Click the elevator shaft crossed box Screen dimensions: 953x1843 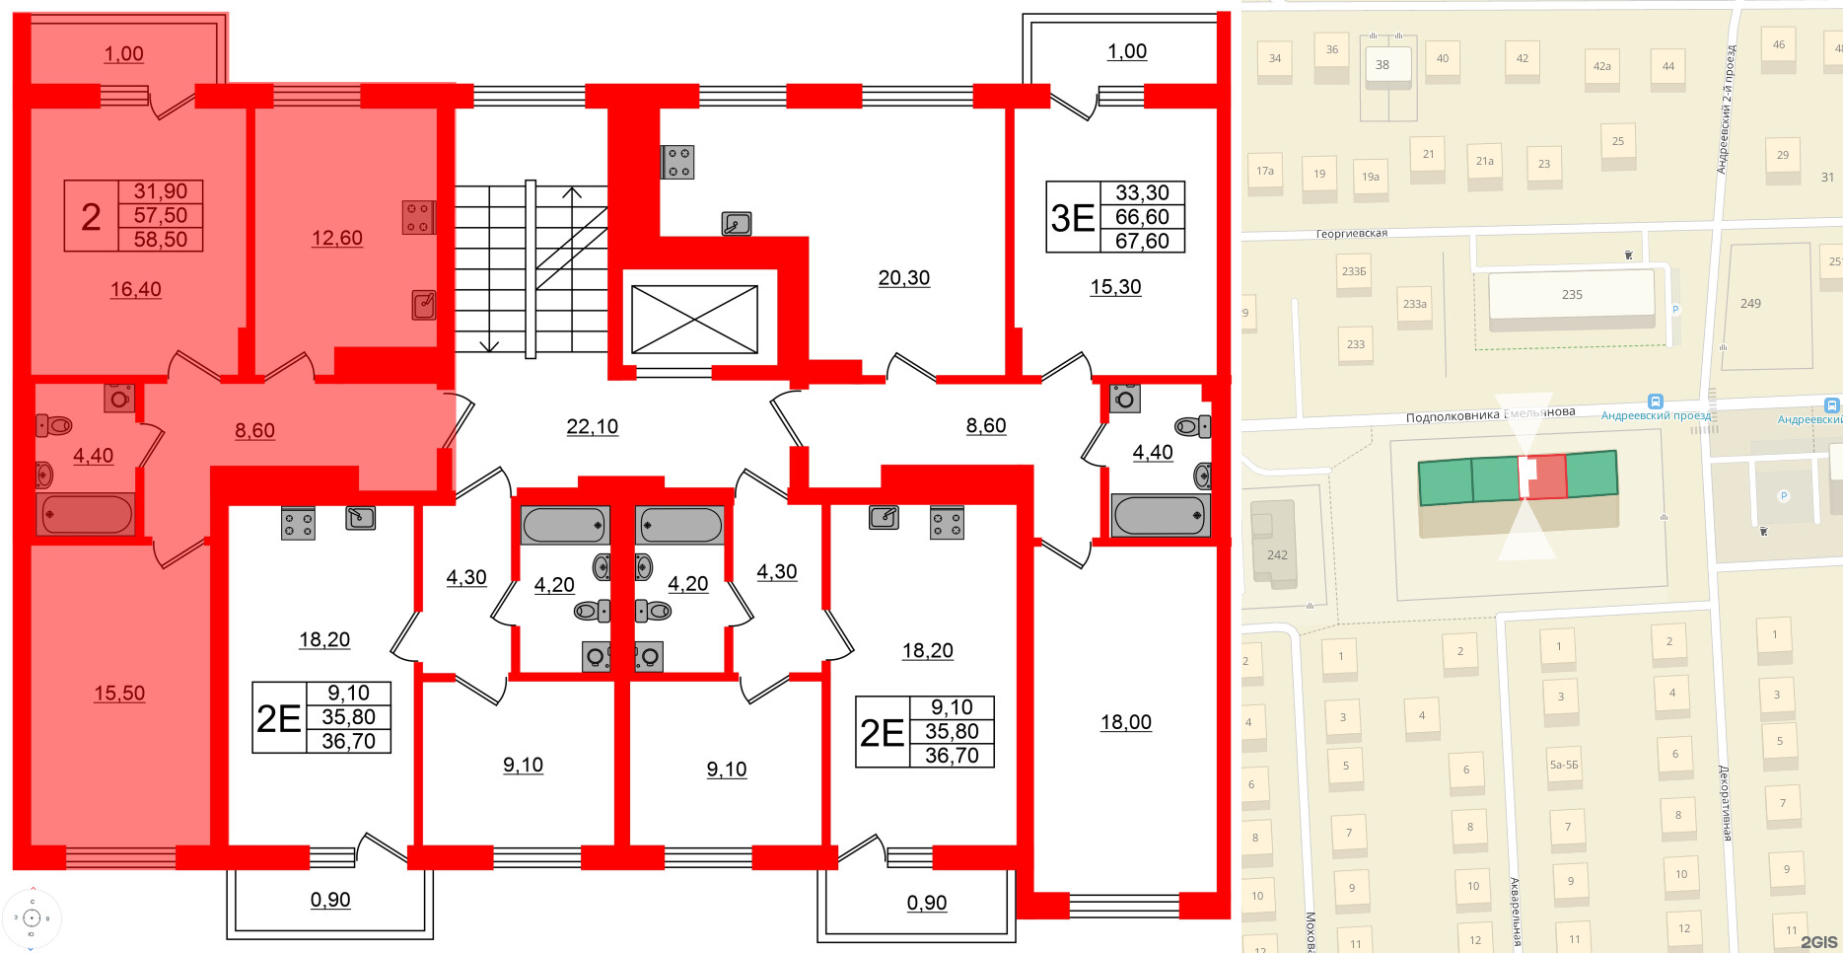pos(694,319)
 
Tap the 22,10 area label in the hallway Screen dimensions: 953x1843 pos(592,426)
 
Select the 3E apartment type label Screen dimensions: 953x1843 pos(1072,217)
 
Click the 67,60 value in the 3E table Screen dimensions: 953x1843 pos(1142,241)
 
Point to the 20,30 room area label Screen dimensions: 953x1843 pos(903,278)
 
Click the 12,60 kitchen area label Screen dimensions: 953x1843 pos(336,238)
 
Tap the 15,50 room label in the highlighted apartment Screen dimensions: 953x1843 pos(119,694)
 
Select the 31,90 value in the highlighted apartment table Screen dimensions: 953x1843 pos(160,191)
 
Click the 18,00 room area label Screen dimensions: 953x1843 pos(1125,722)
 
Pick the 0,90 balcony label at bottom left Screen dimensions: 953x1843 pos(330,900)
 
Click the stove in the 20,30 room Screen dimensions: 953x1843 pos(678,162)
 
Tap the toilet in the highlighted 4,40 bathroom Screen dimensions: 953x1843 pos(55,426)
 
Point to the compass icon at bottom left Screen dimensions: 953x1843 pos(32,918)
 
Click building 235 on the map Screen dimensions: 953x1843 pos(1571,295)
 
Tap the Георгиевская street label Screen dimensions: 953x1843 pos(1351,234)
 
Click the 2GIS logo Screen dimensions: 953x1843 pos(1818,942)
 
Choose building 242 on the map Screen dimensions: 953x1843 pos(1276,554)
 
